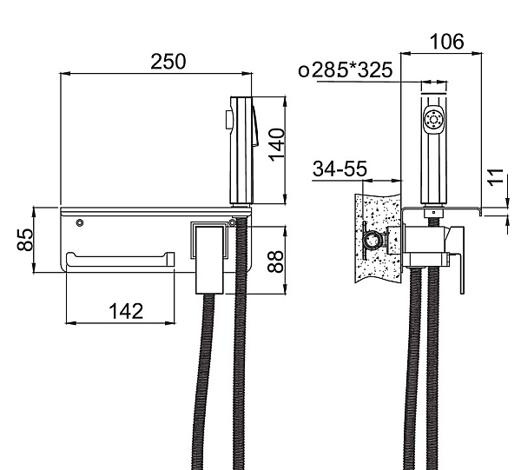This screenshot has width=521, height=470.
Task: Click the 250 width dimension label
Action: click(168, 62)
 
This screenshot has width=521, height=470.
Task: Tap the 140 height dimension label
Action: click(277, 145)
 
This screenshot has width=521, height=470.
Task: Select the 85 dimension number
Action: click(25, 239)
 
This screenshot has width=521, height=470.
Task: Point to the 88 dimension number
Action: click(276, 261)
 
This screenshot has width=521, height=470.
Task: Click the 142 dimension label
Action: click(126, 311)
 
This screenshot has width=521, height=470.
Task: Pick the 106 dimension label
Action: click(446, 42)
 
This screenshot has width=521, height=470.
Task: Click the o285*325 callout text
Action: click(346, 70)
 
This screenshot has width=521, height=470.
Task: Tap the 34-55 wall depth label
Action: click(340, 169)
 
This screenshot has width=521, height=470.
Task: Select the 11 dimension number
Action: click(497, 177)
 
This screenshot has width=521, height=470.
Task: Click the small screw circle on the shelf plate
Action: click(79, 222)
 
